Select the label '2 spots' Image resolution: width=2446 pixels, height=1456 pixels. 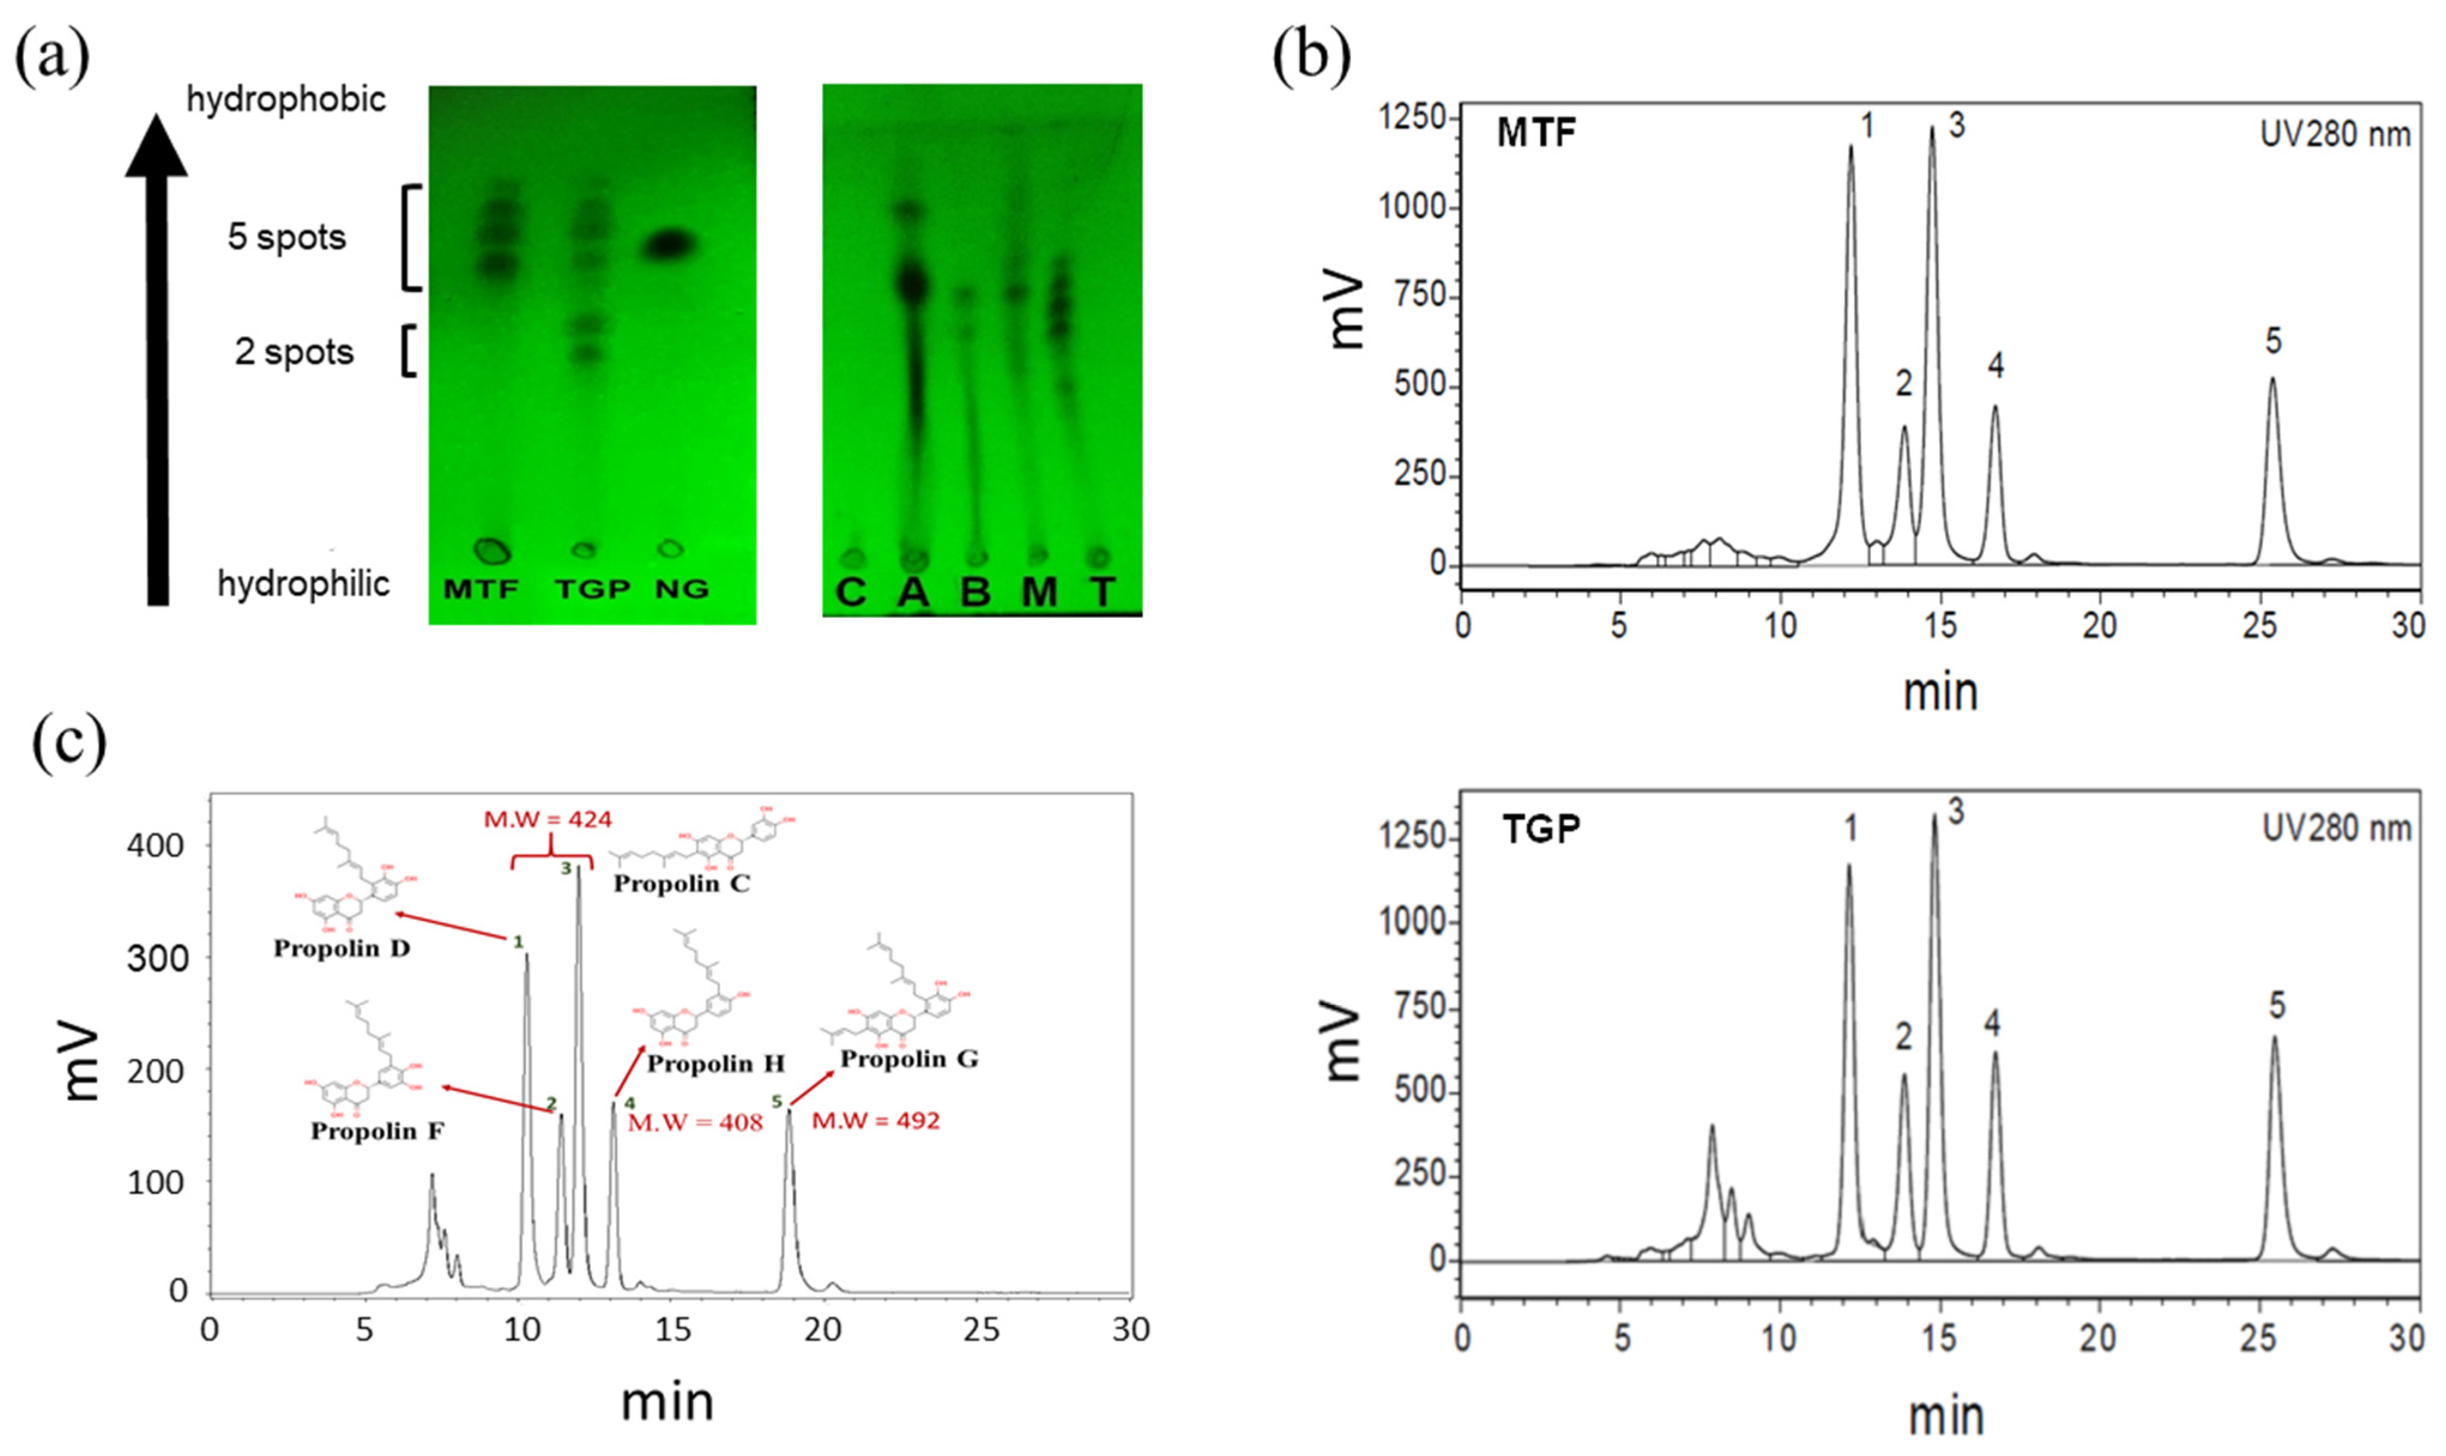coord(294,352)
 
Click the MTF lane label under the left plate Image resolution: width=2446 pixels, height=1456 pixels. coord(481,588)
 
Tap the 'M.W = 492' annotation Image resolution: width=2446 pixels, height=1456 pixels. coord(875,1120)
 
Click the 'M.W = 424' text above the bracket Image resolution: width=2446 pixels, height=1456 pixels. coord(548,818)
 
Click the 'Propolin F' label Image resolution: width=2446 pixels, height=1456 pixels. coord(377,1131)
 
